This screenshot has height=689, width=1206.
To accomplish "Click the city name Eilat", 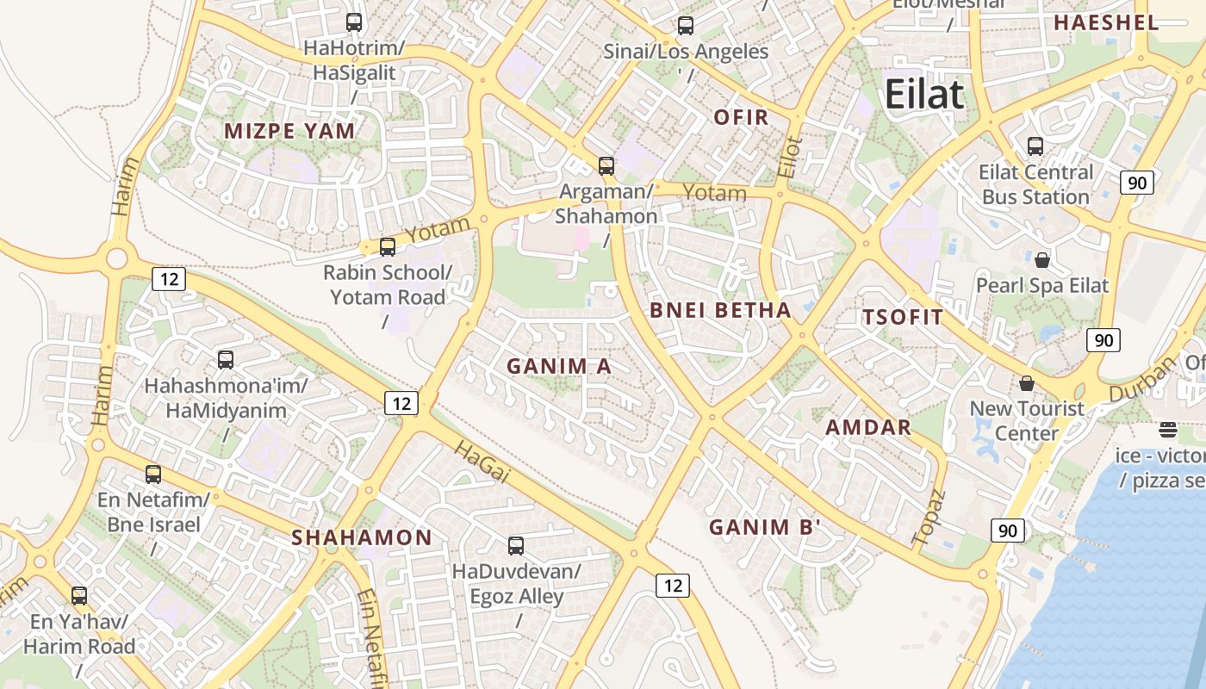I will tap(924, 94).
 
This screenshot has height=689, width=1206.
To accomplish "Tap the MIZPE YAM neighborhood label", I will tap(289, 131).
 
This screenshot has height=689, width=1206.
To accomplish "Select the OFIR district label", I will tap(741, 117).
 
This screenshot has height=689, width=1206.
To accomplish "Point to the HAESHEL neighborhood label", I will tap(1106, 23).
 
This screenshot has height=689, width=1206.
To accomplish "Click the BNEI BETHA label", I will tap(720, 310).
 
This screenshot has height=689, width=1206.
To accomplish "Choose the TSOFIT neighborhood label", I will tap(903, 317).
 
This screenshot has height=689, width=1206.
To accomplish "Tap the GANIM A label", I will tap(559, 366).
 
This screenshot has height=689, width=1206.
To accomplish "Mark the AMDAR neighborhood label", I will tap(867, 427).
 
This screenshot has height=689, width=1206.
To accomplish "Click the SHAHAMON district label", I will tap(362, 537).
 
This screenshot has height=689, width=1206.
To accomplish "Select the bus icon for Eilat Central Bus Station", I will tap(1035, 146).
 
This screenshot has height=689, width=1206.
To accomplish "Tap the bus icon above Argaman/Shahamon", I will tap(606, 166).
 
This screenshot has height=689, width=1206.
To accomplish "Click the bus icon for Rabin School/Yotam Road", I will tap(388, 247).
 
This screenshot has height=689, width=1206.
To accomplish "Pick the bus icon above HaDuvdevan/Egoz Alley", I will tap(516, 545).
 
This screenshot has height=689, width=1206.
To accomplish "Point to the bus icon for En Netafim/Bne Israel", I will tap(153, 474).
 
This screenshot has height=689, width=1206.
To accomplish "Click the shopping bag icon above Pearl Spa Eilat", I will tap(1042, 259).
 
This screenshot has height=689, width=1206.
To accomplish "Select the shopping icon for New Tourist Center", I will tap(1026, 382).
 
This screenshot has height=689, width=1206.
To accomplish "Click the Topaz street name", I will tap(929, 517).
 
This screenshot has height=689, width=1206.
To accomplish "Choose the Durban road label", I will tap(1141, 379).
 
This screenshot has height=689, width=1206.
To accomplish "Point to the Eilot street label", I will tap(789, 156).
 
